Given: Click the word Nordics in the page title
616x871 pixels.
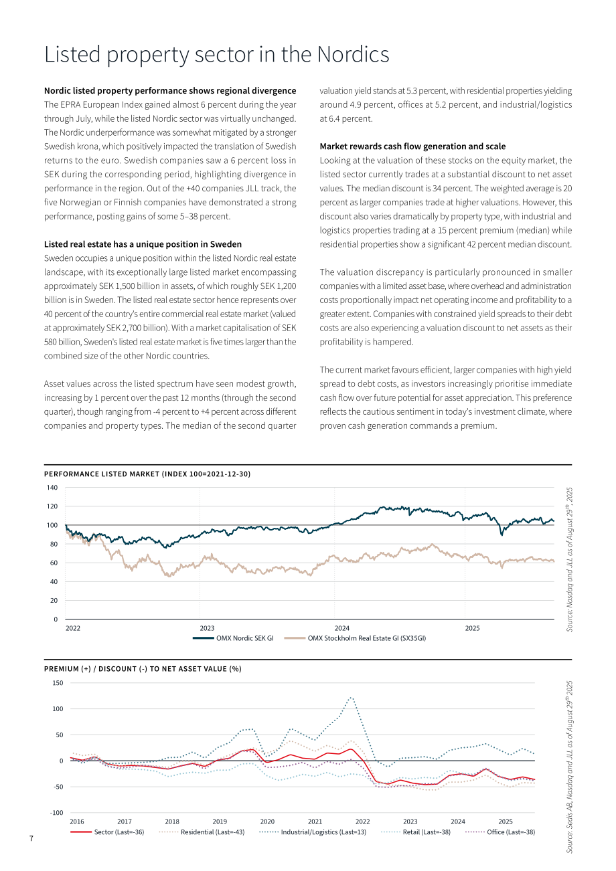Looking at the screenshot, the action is tap(353, 54).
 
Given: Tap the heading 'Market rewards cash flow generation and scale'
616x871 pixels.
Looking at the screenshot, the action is tap(412, 147).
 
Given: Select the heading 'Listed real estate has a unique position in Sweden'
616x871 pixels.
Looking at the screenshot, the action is tap(143, 244).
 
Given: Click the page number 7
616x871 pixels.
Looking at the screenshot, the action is tap(31, 838).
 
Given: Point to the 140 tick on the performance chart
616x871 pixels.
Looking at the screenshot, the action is tap(52, 488).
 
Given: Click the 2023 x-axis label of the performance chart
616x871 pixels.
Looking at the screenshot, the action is tap(207, 628).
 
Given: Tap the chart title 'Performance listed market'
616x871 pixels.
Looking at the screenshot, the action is tap(147, 474).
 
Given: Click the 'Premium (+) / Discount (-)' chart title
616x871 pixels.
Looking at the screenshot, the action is tap(143, 669).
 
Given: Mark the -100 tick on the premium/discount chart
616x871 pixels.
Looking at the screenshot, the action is tap(56, 813).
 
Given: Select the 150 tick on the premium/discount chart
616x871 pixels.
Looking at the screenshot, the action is tap(58, 683).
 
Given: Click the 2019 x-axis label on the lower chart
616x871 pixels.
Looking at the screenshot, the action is tap(220, 821).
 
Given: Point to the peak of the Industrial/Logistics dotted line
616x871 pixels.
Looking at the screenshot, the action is tap(351, 698).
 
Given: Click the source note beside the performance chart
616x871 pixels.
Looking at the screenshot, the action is tap(569, 560).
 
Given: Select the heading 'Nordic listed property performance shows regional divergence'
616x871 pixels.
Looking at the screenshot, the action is tap(170, 90).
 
